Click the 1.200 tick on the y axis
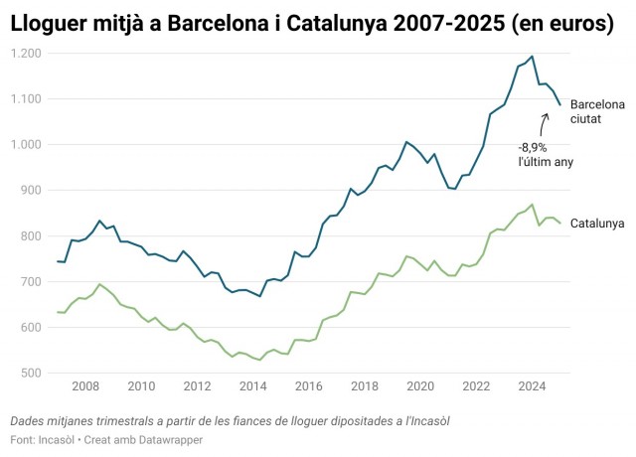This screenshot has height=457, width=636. (x=27, y=53)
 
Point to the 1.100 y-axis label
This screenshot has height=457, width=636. (x=27, y=98)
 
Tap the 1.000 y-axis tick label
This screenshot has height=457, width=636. (x=27, y=144)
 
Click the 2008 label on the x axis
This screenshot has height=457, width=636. (x=84, y=386)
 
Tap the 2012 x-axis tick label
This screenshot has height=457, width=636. (x=197, y=386)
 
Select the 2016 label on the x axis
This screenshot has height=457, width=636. (x=308, y=386)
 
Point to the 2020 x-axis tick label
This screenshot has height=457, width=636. (x=420, y=386)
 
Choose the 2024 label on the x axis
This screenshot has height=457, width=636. (x=532, y=386)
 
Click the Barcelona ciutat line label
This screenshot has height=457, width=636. (x=597, y=111)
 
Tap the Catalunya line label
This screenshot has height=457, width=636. (x=597, y=223)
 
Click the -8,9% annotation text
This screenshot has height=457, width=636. (x=533, y=147)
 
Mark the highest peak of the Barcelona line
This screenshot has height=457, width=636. (x=532, y=57)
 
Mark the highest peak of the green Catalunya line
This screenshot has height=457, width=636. (x=533, y=205)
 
